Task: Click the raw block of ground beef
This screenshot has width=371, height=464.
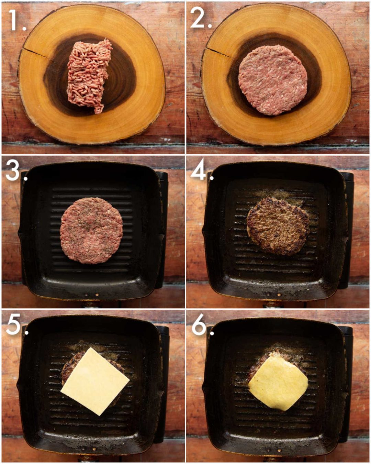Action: [x=89, y=76]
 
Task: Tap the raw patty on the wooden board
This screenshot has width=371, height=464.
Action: [x=273, y=80]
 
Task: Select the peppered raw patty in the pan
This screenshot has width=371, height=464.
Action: [x=91, y=230]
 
